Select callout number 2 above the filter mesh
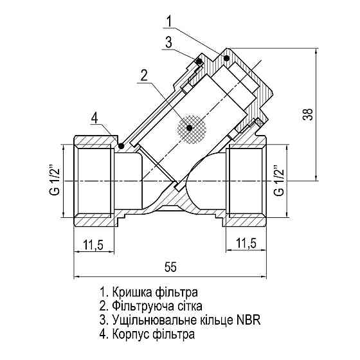tap(145, 73)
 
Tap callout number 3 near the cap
tap(167, 43)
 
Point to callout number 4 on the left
tap(94, 118)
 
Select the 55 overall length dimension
tap(170, 265)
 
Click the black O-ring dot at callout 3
tap(199, 62)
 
